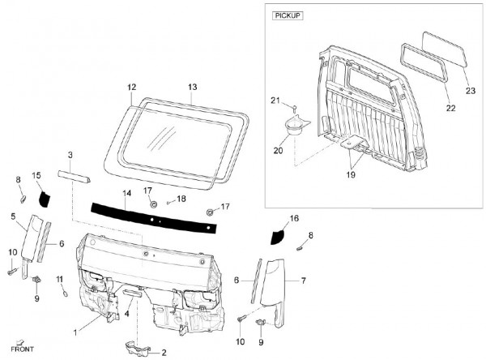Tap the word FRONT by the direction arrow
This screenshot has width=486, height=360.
coord(23,349)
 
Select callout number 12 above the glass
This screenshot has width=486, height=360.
coord(131,86)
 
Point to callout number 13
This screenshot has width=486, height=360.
coord(192,86)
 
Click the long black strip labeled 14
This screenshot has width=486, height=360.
coord(154,212)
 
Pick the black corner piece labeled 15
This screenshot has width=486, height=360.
coord(42,195)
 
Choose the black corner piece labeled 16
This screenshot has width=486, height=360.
coord(279,235)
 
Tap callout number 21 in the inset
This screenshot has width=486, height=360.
coord(274,101)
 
